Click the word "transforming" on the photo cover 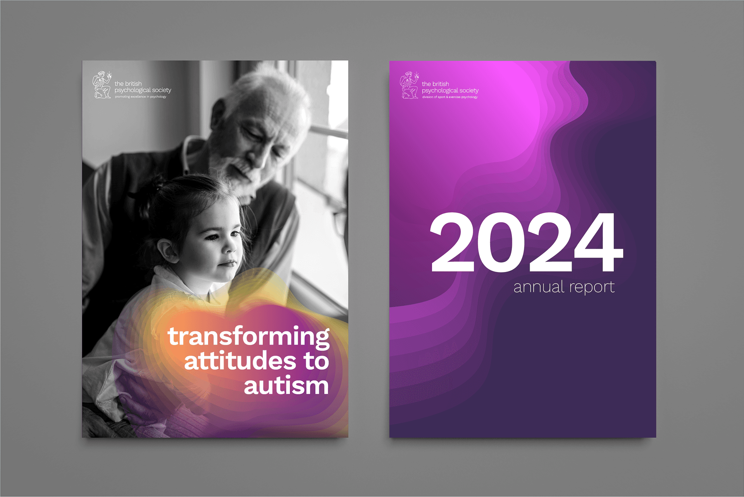(248, 336)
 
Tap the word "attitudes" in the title (240, 361)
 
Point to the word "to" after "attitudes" (316, 361)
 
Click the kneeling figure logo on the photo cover (102, 85)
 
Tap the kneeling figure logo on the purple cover (409, 85)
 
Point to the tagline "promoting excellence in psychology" (140, 97)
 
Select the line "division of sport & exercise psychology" (450, 97)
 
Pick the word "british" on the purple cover (441, 84)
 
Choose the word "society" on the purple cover (469, 90)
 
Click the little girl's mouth (228, 264)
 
